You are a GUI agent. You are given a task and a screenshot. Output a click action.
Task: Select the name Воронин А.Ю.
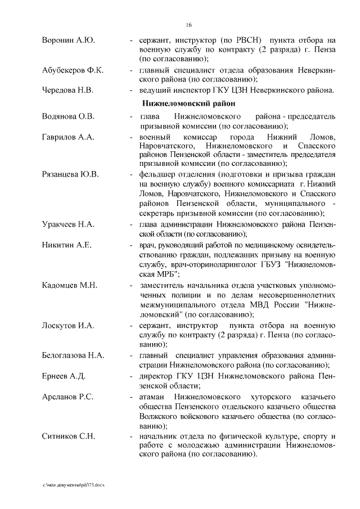68,40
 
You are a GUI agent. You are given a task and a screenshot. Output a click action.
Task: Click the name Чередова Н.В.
68,90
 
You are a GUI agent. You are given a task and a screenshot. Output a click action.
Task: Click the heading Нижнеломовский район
188,103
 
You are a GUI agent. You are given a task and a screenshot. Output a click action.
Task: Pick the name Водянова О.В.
69,116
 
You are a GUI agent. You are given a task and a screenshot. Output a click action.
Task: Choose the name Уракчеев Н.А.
68,224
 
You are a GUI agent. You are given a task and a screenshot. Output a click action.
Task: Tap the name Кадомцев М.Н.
70,285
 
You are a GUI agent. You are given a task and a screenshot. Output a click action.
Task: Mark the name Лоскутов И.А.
69,326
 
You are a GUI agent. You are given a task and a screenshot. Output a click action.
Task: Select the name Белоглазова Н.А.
73,356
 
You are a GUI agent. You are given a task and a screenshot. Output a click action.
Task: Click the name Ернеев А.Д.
64,376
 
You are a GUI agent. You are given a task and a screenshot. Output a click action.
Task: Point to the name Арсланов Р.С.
67,397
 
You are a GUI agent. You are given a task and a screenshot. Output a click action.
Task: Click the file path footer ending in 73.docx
74,484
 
